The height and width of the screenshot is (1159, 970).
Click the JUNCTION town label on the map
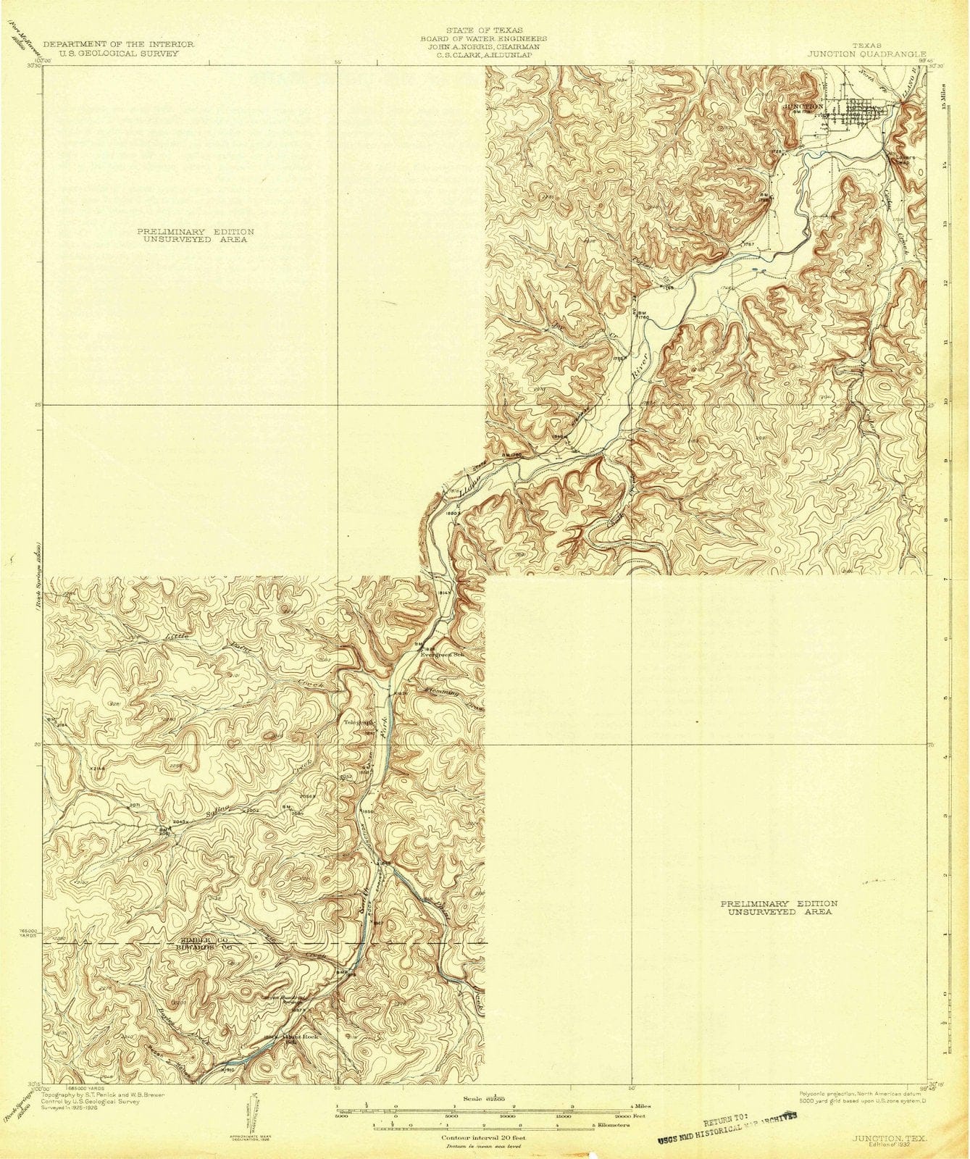click(x=803, y=106)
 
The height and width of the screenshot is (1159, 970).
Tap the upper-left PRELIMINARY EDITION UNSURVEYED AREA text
click(x=196, y=235)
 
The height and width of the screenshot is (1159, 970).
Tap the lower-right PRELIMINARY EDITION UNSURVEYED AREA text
click(x=779, y=908)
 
